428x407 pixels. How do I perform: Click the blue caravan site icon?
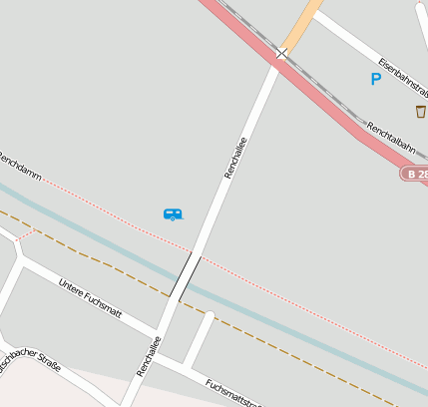[173, 213]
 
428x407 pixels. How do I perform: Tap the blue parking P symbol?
[376, 79]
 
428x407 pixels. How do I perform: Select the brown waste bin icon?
[420, 111]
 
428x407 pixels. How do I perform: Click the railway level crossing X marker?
[281, 53]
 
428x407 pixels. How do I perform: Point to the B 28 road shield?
[415, 174]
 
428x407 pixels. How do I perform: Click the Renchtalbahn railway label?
[390, 137]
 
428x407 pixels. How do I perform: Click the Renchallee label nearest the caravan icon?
[235, 158]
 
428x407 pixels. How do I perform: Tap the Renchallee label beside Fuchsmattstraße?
[148, 356]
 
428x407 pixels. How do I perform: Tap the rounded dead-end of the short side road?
[211, 318]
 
